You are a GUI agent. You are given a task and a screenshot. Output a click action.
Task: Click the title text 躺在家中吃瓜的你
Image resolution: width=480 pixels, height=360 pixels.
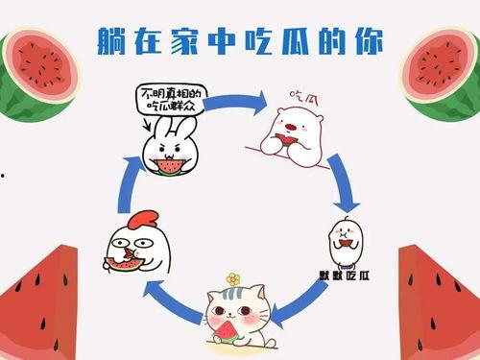[241, 40]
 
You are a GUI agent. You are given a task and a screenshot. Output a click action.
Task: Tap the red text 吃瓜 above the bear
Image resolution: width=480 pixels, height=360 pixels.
[304, 96]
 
